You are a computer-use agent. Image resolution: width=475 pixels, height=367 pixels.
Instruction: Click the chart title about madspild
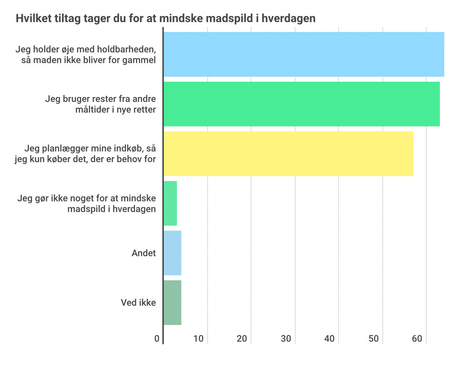pos(166,18)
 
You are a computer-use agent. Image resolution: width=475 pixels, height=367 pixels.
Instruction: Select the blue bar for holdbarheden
pos(303,54)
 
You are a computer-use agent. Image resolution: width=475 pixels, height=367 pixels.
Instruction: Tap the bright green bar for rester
pos(301,104)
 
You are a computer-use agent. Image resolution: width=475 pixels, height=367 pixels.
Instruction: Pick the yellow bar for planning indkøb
pos(288,154)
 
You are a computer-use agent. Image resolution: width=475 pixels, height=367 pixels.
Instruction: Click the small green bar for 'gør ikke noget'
pos(170,203)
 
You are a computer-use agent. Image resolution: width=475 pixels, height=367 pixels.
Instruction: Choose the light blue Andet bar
pos(172,253)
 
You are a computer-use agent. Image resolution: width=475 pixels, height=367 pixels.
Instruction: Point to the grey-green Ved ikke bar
pos(172,303)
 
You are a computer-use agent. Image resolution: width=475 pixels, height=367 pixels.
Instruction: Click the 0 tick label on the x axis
pos(157,338)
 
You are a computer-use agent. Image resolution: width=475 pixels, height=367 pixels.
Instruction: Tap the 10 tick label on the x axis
pos(199,338)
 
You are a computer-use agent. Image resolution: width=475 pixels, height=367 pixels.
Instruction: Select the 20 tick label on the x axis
pos(242,338)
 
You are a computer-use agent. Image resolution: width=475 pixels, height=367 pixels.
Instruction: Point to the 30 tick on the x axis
pos(286,338)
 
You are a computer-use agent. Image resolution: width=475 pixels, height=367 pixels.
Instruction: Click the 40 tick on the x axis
pos(330,338)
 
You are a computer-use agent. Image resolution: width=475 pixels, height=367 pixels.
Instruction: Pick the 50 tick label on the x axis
pos(374,338)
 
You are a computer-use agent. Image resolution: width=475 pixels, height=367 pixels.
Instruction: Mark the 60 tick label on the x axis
pos(417,338)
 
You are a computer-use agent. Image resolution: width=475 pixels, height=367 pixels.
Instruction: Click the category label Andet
pos(144,253)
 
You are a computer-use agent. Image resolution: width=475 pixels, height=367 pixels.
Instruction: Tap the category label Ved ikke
pos(138,303)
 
